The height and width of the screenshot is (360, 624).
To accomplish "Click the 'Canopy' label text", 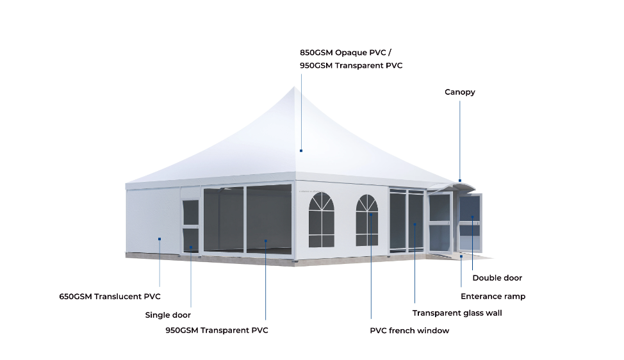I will tap(460, 92).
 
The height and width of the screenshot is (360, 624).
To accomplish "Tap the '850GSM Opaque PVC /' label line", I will tap(345, 53).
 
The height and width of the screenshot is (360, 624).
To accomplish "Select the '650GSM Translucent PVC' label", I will tap(110, 297).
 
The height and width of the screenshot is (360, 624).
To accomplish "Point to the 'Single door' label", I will tap(168, 315).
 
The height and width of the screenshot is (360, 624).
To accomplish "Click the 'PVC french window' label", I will tap(409, 331).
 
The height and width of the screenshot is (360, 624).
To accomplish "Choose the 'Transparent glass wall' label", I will tap(457, 313).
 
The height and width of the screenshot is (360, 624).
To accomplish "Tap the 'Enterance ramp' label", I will tap(493, 297).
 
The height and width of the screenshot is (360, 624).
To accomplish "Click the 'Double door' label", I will tap(497, 278).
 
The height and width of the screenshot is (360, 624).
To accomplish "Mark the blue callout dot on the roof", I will tap(300, 151).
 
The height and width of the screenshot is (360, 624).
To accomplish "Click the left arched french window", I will tap(322, 220).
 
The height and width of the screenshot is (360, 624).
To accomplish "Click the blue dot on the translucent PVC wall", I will tap(160, 240).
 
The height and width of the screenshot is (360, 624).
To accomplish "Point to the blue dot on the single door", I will tap(191, 249).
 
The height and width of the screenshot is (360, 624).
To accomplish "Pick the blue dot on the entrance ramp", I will tap(461, 256).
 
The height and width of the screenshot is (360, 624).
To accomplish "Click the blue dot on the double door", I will tap(473, 217).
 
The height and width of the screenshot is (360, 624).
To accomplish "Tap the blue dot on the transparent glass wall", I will tap(415, 224).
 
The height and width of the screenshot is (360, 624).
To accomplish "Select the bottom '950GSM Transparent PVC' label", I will tap(217, 331).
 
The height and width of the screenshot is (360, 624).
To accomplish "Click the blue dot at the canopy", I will tap(459, 181).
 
